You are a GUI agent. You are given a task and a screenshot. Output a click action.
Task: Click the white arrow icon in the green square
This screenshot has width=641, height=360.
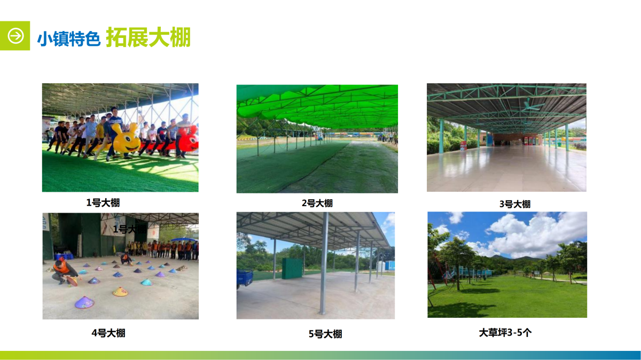15,36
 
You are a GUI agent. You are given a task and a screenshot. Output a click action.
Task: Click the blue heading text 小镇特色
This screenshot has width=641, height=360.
69,38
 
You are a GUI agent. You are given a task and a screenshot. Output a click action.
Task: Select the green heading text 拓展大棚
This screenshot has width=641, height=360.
148,37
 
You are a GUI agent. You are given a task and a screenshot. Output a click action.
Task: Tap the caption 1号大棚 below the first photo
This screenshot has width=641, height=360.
103,202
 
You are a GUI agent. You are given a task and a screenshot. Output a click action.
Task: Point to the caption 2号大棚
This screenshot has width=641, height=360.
317,203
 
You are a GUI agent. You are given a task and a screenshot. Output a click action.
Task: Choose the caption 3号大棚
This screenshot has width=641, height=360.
515,204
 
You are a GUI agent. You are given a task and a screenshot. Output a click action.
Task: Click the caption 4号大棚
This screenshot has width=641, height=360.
108,333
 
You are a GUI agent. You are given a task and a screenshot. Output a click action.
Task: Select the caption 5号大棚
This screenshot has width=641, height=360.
325,334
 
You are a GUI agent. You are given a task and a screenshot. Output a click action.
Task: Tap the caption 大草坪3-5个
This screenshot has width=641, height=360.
505,332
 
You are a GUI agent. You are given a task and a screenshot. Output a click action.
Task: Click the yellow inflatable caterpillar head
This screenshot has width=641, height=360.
126,139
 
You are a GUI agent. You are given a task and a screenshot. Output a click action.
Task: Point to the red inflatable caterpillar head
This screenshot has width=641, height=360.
190,139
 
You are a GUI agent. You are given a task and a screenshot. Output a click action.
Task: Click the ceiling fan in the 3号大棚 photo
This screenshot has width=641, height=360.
528,106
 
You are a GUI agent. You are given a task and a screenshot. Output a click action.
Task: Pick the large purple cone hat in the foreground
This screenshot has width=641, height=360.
84,302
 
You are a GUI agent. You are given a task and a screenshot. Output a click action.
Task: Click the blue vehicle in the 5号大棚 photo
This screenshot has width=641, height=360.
245,278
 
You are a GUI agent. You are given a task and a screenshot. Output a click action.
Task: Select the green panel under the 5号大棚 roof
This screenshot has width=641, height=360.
292,269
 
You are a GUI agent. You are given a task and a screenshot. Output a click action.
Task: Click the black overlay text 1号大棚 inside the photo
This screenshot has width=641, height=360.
130,229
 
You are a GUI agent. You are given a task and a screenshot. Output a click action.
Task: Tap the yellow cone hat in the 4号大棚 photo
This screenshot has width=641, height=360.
120,292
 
